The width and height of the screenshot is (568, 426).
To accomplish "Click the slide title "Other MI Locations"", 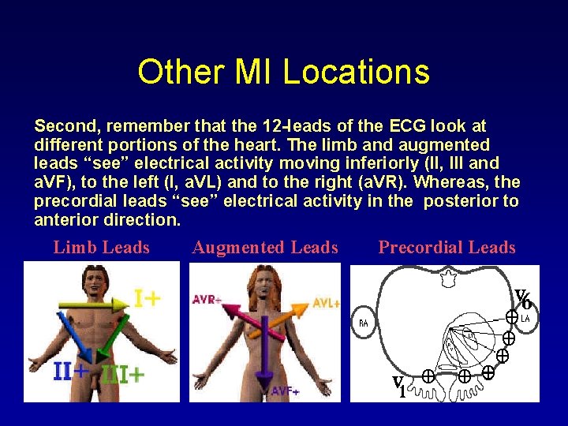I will pos(283,72).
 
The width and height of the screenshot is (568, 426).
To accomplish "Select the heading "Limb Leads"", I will pos(101,248).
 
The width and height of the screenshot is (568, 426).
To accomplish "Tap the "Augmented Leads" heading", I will pos(265,248).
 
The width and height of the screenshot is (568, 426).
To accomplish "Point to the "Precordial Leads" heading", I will pos(447,248).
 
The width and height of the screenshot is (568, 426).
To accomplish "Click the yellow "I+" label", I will pos(148,299).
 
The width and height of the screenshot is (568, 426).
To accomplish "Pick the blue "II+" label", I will pos(69,371).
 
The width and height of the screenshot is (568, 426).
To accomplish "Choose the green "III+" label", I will pos(122,374).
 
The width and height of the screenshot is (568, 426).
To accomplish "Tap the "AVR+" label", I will pos(207,300).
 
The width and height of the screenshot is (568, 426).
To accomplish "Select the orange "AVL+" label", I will pos(326,303).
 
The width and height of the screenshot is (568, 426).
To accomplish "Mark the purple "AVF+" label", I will pos(286,390).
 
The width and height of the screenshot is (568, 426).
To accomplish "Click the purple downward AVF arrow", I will pos(264,355).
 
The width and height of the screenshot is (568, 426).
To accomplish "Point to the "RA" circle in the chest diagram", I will pos(364,323).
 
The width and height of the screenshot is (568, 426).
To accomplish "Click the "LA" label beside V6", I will pos(524,318).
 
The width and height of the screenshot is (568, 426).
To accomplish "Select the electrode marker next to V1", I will pos(427,376).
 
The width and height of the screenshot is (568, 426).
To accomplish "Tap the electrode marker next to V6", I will pos(511,316).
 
